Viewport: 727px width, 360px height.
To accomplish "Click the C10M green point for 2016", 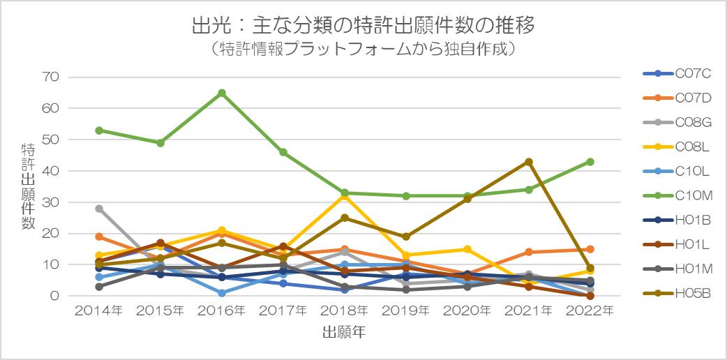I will click(x=222, y=93).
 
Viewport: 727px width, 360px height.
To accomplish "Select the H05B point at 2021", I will click(x=529, y=162).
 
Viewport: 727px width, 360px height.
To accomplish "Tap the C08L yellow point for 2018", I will click(x=345, y=196).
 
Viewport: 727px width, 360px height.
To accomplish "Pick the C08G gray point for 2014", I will click(x=99, y=209).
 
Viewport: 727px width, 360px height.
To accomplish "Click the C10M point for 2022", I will click(x=590, y=162).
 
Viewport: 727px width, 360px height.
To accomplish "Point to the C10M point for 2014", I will click(x=99, y=130).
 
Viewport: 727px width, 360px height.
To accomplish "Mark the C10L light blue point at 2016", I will click(x=222, y=293).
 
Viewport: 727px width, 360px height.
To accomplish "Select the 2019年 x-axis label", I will click(x=406, y=311).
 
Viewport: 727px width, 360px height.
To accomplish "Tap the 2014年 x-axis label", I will click(x=99, y=311).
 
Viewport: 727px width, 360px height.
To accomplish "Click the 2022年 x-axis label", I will click(x=590, y=311).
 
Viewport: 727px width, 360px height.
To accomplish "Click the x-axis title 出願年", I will click(x=344, y=331).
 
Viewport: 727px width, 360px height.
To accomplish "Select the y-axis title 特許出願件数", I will click(x=29, y=186).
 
